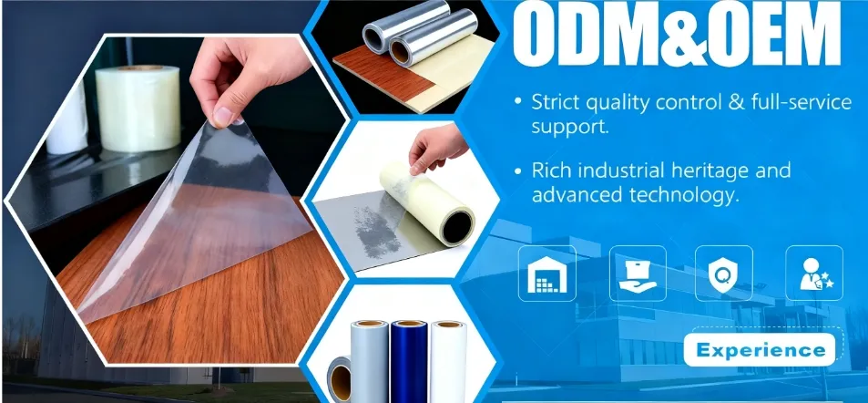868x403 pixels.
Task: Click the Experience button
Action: pos(759,350)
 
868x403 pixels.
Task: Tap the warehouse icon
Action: pos(546,274)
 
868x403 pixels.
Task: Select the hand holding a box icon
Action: pos(638,274)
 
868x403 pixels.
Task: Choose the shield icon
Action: pos(723,274)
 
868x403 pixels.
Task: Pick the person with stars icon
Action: pos(814,274)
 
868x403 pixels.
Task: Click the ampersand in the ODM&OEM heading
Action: pos(678,36)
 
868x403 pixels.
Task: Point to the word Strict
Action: pos(555,102)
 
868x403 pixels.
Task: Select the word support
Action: pos(570,127)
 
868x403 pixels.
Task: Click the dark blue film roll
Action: pos(409,361)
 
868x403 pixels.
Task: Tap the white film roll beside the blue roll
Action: pos(448,361)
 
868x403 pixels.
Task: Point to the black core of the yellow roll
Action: pos(458,227)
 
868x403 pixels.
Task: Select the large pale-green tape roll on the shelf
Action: pos(138,108)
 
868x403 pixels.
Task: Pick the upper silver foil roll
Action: pos(407,25)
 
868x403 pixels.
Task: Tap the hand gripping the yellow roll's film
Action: pos(437,147)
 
